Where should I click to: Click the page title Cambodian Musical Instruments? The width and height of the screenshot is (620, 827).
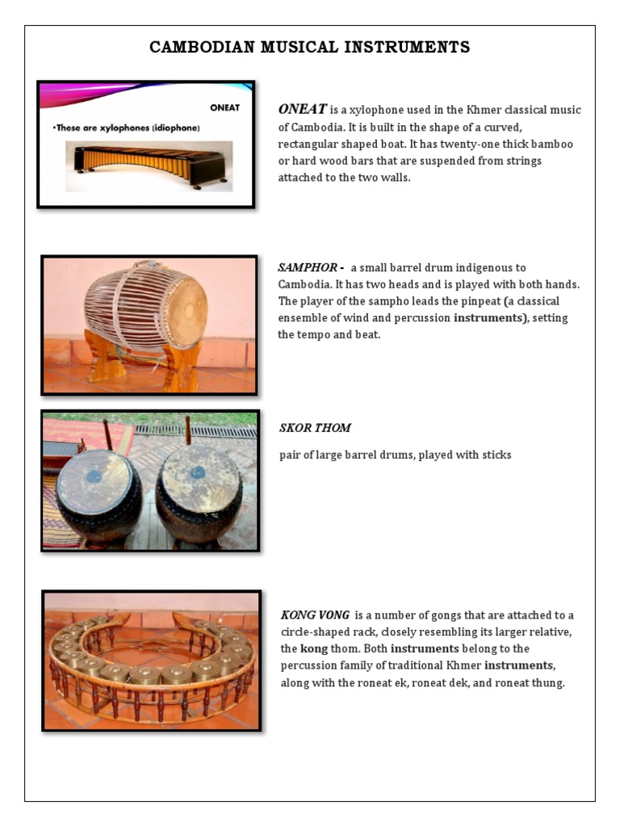point(309,48)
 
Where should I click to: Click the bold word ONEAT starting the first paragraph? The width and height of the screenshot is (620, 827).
point(302,110)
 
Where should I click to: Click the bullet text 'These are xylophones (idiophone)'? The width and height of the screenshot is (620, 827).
point(126,127)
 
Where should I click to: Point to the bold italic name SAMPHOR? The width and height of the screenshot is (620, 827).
point(300,267)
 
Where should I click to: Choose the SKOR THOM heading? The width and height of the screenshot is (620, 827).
point(315,427)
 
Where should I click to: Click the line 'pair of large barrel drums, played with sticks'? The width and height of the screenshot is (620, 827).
point(395,455)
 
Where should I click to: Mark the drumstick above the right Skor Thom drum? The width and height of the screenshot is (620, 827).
point(188,430)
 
